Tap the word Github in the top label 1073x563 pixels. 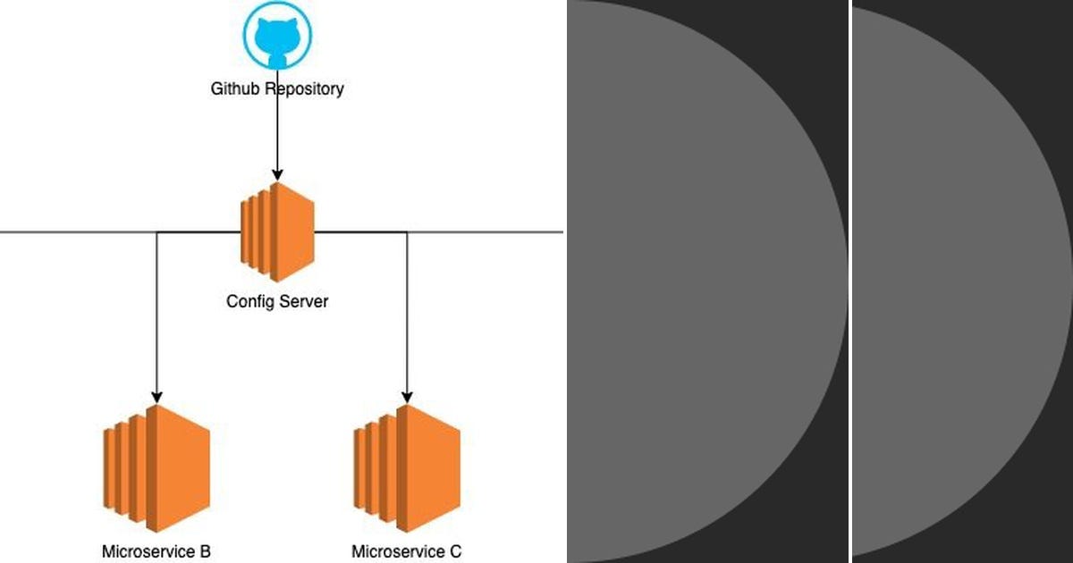pos(235,89)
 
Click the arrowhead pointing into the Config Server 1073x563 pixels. pos(277,173)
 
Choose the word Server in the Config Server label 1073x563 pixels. pos(305,301)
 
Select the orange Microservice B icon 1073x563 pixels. pos(156,468)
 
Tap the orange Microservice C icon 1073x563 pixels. pos(407,468)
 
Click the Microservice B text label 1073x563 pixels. pos(156,551)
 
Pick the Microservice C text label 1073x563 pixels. pos(407,551)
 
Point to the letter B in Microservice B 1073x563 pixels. pos(205,551)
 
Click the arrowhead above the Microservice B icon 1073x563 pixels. pos(157,396)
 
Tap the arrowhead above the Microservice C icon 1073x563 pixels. pos(408,396)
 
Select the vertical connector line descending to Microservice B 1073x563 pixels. pos(157,313)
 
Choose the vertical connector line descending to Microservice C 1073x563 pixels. pos(408,313)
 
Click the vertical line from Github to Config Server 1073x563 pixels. pos(277,134)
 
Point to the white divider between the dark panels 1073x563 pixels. pos(849,281)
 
